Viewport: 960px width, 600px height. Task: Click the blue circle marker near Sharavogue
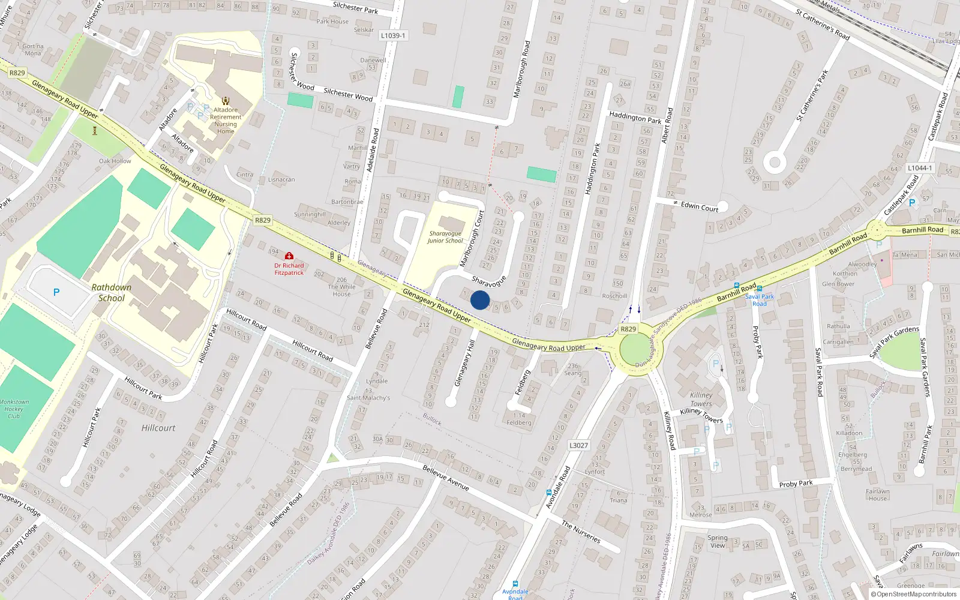coord(480,300)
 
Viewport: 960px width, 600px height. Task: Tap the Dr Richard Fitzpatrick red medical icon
coord(289,256)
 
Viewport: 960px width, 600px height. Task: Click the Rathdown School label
coord(112,293)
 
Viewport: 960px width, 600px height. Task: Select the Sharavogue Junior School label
coord(445,237)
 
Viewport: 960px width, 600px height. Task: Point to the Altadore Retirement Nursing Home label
coord(226,121)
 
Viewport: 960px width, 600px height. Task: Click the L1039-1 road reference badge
coord(393,35)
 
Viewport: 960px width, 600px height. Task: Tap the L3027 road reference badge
coord(578,445)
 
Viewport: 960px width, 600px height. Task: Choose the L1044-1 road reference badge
coord(920,168)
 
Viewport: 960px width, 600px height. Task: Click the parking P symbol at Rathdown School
coord(56,292)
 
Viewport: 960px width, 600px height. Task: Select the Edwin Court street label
coord(699,206)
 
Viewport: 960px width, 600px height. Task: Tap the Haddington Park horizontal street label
coord(635,117)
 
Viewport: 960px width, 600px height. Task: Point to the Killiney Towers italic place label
coord(701,399)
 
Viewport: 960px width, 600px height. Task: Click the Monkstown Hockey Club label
coord(14,409)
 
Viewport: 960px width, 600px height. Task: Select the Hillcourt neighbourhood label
coord(158,428)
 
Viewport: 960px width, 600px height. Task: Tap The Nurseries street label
coord(580,532)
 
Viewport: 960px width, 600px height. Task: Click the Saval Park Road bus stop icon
coord(760,289)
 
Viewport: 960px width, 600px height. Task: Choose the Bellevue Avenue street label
coord(445,478)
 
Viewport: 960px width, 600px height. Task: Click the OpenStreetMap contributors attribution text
coord(916,594)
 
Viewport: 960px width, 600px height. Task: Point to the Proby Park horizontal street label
coord(796,484)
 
